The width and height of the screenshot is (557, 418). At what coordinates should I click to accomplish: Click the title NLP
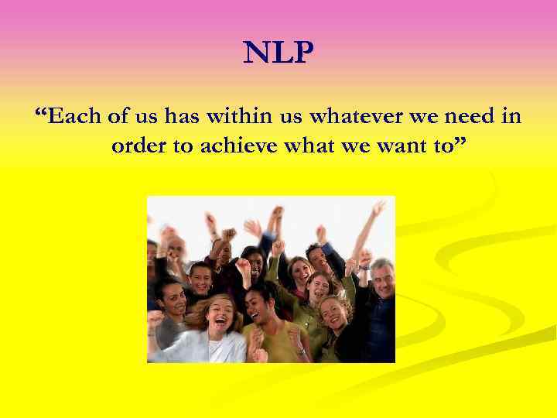(x=278, y=53)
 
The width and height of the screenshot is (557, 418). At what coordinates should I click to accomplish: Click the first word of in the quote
(x=117, y=117)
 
